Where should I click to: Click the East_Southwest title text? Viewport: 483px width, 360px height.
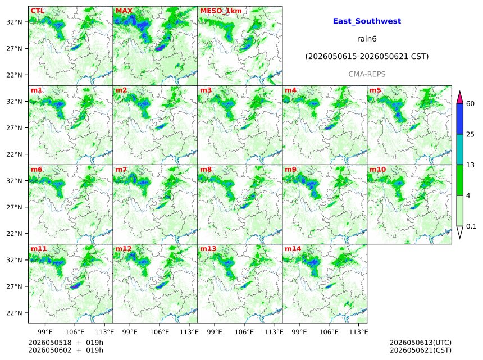[x=367, y=21]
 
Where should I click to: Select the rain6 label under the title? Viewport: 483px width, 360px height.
[x=367, y=39]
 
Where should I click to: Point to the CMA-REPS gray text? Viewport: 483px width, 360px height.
[x=367, y=74]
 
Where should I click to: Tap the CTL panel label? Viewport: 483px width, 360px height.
[x=38, y=11]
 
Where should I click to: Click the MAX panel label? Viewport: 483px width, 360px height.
[x=124, y=11]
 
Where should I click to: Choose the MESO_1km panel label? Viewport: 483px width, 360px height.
[x=221, y=11]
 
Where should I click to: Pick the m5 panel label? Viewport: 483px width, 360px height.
[x=375, y=90]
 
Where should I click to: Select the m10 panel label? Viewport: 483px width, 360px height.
[x=377, y=170]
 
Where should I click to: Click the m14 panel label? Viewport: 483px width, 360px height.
[x=293, y=249]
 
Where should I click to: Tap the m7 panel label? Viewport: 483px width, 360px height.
[x=121, y=170]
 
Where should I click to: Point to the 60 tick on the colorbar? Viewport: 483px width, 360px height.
[x=470, y=104]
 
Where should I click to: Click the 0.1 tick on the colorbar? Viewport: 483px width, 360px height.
[x=471, y=226]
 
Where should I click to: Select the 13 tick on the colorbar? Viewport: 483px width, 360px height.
[x=470, y=165]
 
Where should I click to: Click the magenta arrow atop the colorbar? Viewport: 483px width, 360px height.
[x=459, y=97]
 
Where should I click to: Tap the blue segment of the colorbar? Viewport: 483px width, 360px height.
[x=459, y=119]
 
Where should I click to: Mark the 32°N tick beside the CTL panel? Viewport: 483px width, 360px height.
[x=14, y=22]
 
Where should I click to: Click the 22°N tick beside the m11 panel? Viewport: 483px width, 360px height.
[x=14, y=313]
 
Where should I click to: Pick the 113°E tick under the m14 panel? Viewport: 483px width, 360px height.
[x=359, y=332]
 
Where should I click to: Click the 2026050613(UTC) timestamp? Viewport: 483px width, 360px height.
[x=421, y=343]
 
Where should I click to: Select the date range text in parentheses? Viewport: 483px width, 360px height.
[x=367, y=57]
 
